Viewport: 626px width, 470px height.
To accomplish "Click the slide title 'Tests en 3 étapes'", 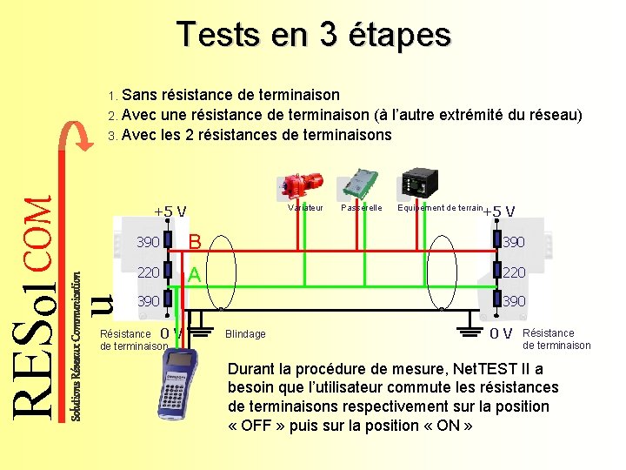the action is [314, 35].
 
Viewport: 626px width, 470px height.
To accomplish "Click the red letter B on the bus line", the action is [196, 241].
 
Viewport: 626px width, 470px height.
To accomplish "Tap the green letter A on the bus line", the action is [195, 275].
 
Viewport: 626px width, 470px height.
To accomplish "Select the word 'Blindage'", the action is [245, 334].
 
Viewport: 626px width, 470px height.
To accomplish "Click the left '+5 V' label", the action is [170, 211].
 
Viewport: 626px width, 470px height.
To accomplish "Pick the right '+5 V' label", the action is [499, 211].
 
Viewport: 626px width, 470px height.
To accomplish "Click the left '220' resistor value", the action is [148, 273].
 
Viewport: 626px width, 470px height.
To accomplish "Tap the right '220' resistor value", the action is [514, 273].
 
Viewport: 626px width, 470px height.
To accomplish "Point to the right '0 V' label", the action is [501, 333].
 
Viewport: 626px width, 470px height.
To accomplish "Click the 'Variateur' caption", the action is [305, 208].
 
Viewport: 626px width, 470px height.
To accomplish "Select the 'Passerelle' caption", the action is [362, 208].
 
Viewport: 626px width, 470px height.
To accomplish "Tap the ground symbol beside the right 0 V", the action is [470, 330].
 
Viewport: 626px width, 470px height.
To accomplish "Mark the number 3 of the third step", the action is [111, 136].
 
